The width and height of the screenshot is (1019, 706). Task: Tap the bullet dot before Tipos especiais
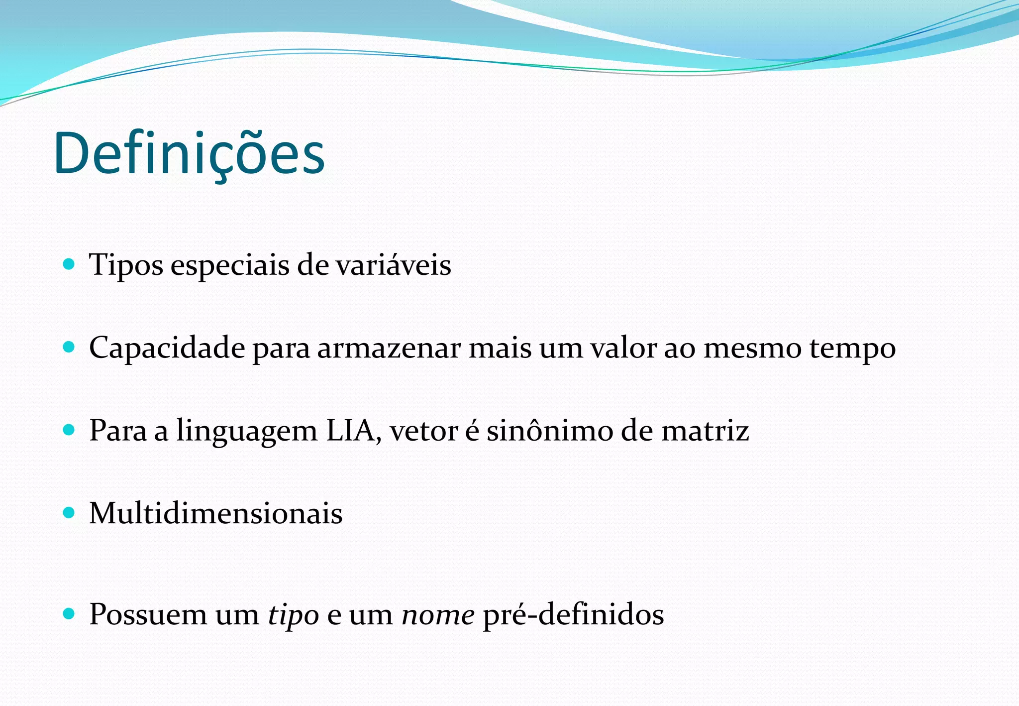tap(70, 263)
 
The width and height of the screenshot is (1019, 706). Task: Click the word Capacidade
tap(167, 348)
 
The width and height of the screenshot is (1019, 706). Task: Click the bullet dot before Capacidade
tap(70, 347)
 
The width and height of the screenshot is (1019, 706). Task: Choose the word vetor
tap(423, 430)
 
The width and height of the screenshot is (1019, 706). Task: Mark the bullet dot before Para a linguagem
tap(70, 429)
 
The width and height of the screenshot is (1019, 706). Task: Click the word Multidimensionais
tap(216, 513)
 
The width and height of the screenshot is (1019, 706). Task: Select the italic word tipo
tap(294, 615)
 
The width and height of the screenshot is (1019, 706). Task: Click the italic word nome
tap(438, 615)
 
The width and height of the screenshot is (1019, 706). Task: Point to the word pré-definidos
tap(573, 614)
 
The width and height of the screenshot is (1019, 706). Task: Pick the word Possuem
tap(148, 614)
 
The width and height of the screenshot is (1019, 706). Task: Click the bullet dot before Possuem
tap(70, 613)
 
